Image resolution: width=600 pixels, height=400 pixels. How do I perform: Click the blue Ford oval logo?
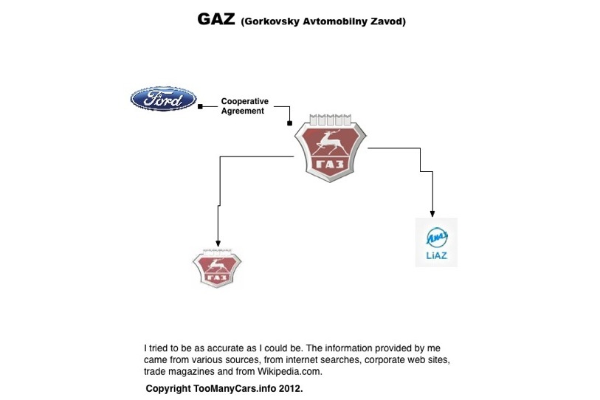click(x=163, y=98)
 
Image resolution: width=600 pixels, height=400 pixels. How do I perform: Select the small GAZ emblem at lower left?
click(x=216, y=268)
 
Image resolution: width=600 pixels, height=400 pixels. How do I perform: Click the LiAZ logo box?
click(x=436, y=242)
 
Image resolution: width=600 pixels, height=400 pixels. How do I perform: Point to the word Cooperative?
click(x=245, y=101)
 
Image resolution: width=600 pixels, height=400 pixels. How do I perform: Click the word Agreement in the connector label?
click(x=242, y=111)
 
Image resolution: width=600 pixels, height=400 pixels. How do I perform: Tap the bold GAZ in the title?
click(x=216, y=20)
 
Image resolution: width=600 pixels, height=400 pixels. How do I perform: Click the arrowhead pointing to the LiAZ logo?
click(x=433, y=213)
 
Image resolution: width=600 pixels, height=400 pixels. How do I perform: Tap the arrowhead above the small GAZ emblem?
click(x=218, y=243)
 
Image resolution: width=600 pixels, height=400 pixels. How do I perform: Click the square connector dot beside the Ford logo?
click(x=201, y=107)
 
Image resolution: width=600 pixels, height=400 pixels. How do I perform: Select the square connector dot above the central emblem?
click(x=289, y=123)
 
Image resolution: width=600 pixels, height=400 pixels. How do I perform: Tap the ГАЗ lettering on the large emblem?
click(x=330, y=163)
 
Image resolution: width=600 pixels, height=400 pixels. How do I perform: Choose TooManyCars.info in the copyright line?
click(x=239, y=387)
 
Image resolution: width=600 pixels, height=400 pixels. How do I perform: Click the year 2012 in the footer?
click(x=291, y=387)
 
